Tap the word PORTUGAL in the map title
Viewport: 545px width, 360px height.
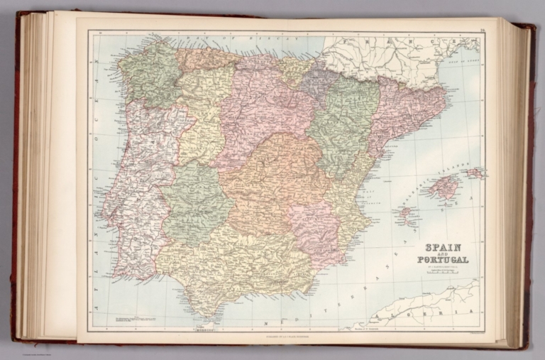(443, 260)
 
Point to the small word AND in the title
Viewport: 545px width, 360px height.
(443, 253)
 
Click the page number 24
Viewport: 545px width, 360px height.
(481, 29)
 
